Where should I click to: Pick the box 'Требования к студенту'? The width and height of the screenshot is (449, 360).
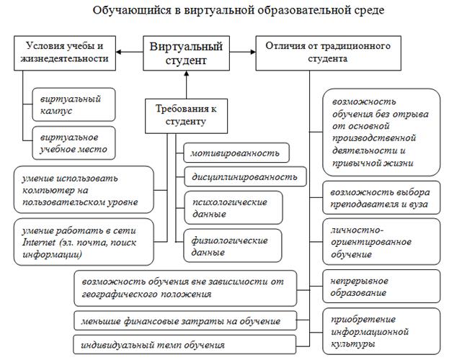(186, 115)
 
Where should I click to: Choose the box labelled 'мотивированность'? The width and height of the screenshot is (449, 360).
(236, 153)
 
